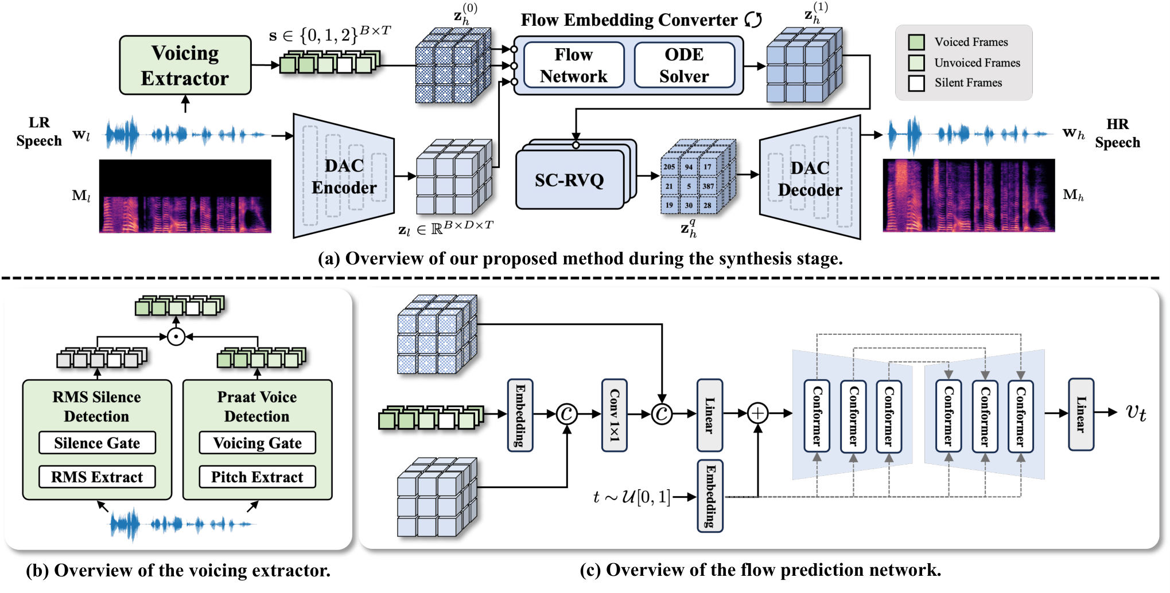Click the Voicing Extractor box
185,65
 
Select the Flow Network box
573,65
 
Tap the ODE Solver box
683,65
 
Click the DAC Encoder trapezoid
343,176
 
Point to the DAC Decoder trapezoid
810,178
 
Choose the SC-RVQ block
569,180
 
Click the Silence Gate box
97,443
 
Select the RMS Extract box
97,477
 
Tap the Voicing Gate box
257,443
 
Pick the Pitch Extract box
257,477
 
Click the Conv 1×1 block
614,415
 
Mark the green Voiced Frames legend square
916,42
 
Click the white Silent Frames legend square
916,83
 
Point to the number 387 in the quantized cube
708,186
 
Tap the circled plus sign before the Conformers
757,413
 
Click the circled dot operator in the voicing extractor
176,337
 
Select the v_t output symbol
1135,412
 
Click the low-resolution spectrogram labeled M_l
185,196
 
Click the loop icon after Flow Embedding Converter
753,20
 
